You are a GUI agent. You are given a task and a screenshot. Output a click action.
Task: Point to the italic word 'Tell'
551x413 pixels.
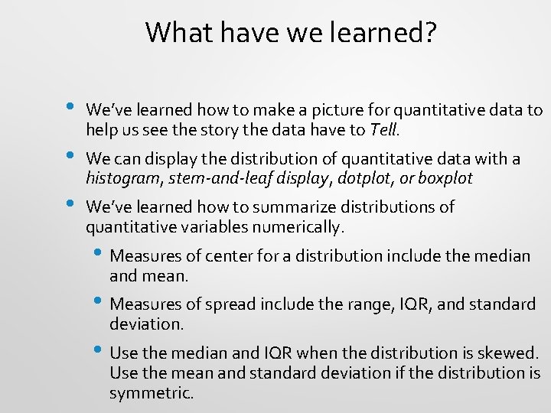[383, 130]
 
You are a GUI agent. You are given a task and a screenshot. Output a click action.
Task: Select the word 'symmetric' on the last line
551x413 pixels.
[150, 393]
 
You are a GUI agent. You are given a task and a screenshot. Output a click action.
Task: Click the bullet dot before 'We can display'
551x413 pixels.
[70, 156]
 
